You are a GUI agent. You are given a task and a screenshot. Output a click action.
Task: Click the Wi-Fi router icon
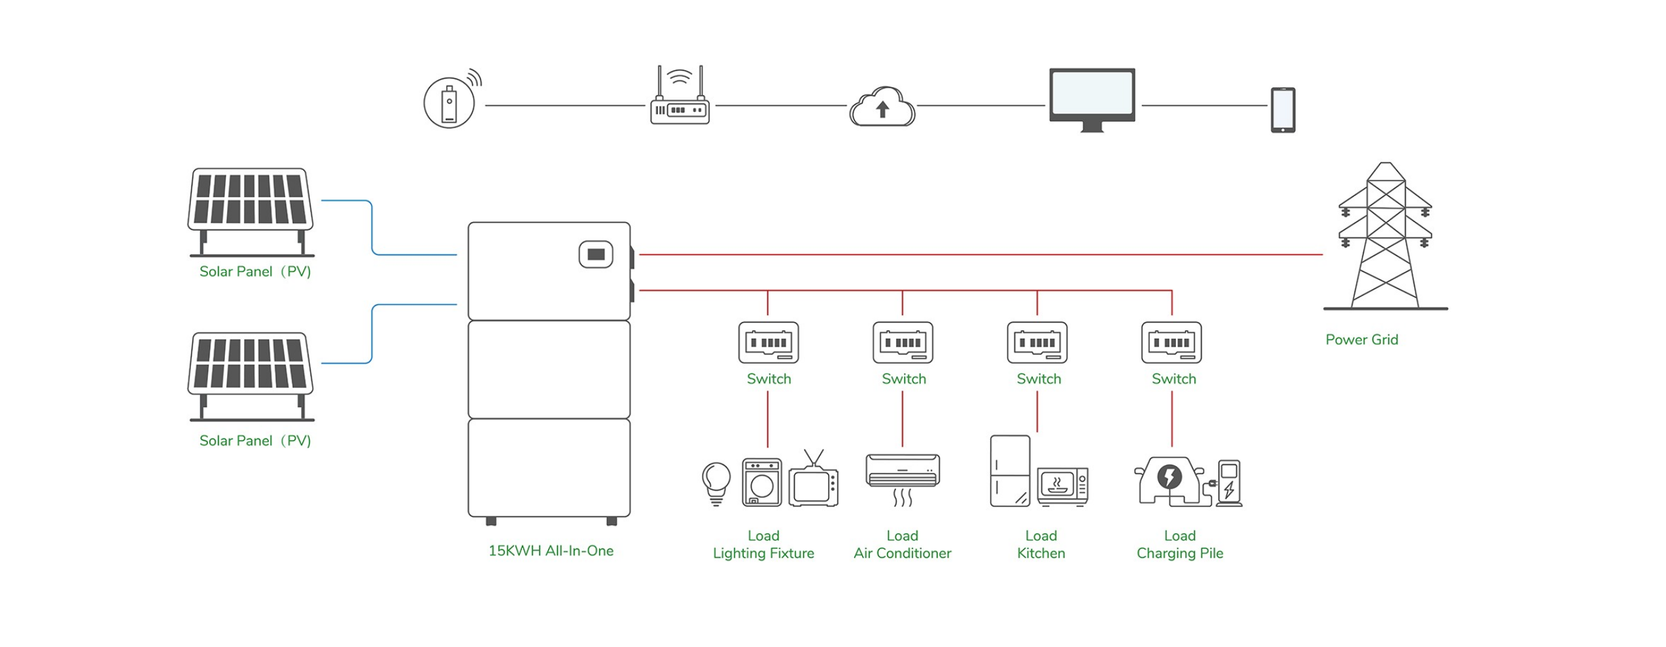click(x=680, y=98)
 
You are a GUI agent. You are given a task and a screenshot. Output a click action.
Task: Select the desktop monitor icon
click(x=1092, y=98)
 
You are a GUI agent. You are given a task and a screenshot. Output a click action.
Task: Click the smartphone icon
click(x=1283, y=110)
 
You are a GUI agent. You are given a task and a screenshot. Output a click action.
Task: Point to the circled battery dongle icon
click(x=449, y=103)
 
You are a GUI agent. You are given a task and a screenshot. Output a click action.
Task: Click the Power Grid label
click(x=1361, y=340)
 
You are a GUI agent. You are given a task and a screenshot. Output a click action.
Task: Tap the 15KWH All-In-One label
click(x=551, y=551)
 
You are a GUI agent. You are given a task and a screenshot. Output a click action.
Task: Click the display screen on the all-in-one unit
click(x=596, y=254)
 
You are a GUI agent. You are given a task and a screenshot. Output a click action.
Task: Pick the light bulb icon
click(x=716, y=483)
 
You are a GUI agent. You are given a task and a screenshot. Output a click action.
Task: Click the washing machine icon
click(x=762, y=483)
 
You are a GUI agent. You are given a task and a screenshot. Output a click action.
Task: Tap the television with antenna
click(x=813, y=483)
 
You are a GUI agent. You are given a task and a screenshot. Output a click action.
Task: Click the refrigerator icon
click(x=1010, y=471)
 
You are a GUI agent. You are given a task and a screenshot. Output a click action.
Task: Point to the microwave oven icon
click(x=1063, y=487)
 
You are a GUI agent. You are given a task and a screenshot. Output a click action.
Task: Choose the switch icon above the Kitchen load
click(x=1037, y=342)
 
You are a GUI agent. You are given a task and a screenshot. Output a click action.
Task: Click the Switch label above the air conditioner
click(x=904, y=379)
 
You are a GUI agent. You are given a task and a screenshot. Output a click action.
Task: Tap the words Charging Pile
click(x=1180, y=553)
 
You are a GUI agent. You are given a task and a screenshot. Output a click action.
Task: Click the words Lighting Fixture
click(x=763, y=553)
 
